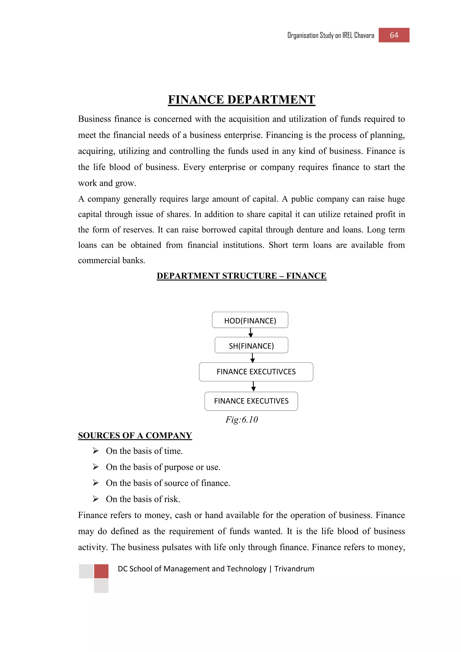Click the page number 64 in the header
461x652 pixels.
[394, 35]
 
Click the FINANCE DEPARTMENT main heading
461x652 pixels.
[241, 100]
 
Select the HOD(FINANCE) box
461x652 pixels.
[250, 320]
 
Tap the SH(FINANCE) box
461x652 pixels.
[251, 345]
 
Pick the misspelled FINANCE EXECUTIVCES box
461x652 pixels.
[256, 372]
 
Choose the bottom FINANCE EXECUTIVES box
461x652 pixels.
[251, 401]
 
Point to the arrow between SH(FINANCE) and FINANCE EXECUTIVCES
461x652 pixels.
[252, 358]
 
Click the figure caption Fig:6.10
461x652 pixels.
[242, 419]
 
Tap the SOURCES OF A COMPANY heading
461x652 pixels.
[135, 435]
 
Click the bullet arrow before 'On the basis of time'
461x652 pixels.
[96, 451]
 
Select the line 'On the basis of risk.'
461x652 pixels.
[143, 499]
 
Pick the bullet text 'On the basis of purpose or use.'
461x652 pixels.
[163, 467]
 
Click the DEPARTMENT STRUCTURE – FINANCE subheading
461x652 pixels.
[241, 276]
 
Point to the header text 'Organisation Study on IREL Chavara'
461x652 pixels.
[331, 36]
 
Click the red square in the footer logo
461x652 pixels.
[101, 571]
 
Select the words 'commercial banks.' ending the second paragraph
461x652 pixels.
[112, 260]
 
